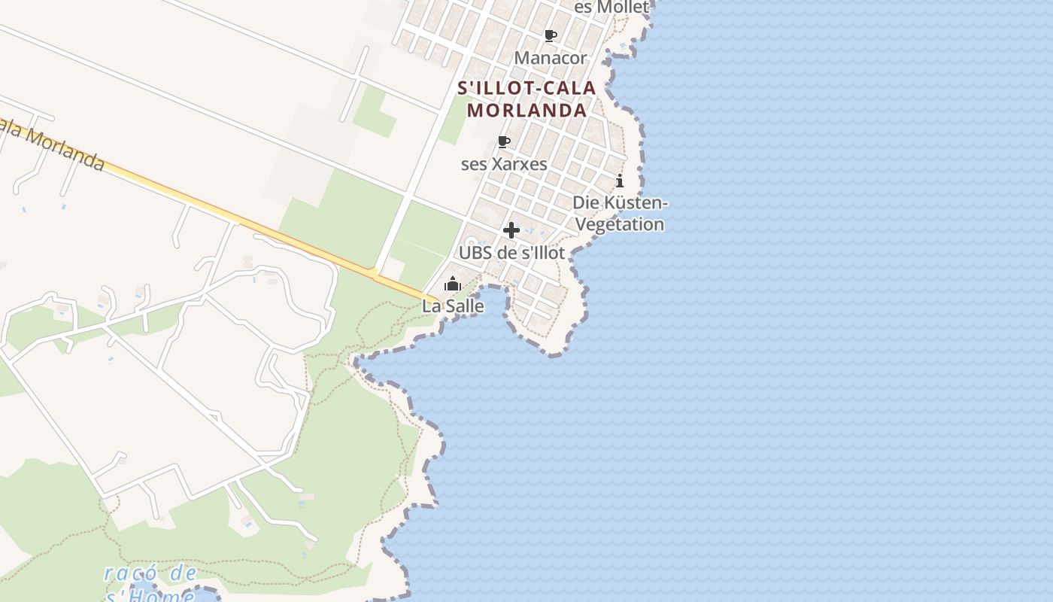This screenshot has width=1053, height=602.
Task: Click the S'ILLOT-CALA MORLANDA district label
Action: coord(526,99)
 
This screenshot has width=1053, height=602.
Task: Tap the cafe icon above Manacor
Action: coord(551,35)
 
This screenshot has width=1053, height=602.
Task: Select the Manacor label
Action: coord(550,58)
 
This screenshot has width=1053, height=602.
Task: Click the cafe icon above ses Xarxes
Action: coord(504,141)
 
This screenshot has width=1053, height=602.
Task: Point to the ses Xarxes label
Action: coord(504,163)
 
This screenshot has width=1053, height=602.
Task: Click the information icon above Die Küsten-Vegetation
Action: coord(620,181)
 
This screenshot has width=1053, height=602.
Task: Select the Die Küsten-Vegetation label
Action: coord(620,213)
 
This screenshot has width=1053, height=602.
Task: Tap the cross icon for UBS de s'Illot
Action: coord(511,230)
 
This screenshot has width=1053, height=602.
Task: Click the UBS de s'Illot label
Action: coord(511,253)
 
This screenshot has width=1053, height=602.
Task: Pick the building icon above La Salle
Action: coord(453,284)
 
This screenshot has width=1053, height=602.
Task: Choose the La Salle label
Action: coord(453,306)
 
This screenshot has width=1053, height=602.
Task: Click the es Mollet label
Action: coord(611,8)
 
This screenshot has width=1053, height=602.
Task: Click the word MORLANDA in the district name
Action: coord(526,110)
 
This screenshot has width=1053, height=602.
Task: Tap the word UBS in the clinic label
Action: coord(475,253)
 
